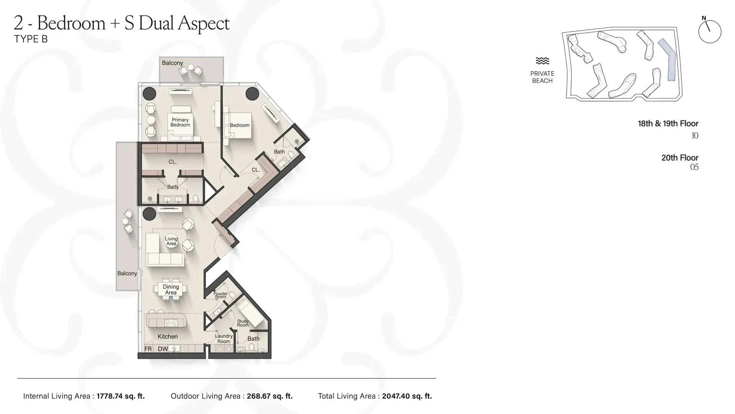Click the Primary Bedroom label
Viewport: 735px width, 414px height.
pyautogui.click(x=180, y=122)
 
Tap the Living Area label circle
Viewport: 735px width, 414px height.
pyautogui.click(x=171, y=241)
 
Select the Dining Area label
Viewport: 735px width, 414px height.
pyautogui.click(x=171, y=289)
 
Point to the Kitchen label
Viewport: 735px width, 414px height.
pyautogui.click(x=168, y=337)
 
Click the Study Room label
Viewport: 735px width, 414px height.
pyautogui.click(x=243, y=323)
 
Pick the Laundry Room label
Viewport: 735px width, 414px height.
pyautogui.click(x=224, y=338)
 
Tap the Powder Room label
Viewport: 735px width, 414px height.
pyautogui.click(x=220, y=295)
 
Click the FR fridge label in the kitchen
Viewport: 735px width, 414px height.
pyautogui.click(x=148, y=349)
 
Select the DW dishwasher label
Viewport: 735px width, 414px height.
pyautogui.click(x=163, y=349)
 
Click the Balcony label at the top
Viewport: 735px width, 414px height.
pyautogui.click(x=172, y=63)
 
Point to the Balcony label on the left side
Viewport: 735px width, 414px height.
pyautogui.click(x=127, y=273)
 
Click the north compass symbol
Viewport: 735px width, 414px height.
pyautogui.click(x=710, y=31)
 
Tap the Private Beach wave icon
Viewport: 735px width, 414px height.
pyautogui.click(x=542, y=61)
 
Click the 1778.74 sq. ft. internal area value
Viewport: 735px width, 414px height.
pyautogui.click(x=121, y=396)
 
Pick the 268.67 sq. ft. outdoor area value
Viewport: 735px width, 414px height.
pyautogui.click(x=269, y=396)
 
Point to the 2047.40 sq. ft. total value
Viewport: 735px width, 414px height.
pyautogui.click(x=407, y=396)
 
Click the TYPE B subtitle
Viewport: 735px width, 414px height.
pyautogui.click(x=31, y=39)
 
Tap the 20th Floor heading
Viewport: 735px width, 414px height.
pyautogui.click(x=680, y=158)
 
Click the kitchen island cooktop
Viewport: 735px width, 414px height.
pyautogui.click(x=171, y=323)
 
